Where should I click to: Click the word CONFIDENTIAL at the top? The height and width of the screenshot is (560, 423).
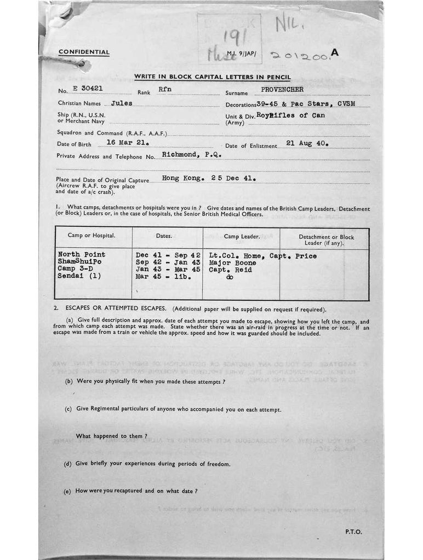[84, 52]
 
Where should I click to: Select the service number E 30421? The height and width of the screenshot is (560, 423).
[84, 88]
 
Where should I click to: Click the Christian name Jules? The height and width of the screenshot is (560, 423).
[121, 103]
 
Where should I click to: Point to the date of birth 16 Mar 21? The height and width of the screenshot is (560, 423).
[128, 142]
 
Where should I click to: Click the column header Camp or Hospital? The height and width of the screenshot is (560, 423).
[92, 236]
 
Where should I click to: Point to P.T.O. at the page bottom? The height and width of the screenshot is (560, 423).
[353, 531]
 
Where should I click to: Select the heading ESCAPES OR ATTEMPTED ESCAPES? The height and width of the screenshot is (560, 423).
[113, 309]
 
